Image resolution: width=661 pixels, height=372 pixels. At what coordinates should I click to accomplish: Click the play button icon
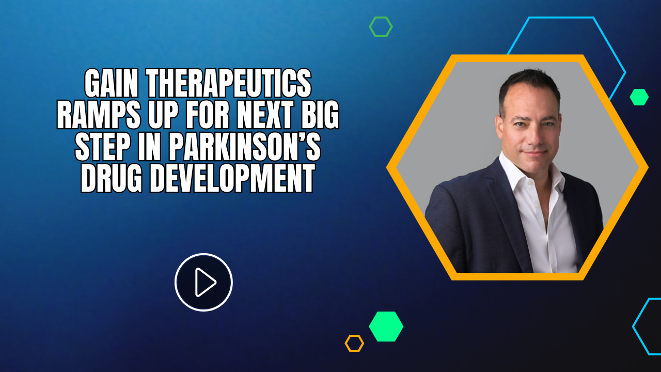203,282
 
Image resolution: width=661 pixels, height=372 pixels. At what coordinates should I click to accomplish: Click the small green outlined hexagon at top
381,27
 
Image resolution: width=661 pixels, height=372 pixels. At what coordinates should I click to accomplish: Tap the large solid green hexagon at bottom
386,327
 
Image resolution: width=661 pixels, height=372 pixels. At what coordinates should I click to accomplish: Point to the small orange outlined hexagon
354,343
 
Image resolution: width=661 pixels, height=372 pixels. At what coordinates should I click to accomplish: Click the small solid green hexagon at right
639,97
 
